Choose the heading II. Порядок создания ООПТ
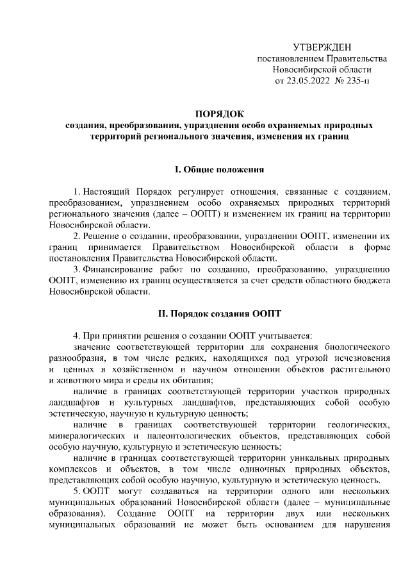[x=220, y=314]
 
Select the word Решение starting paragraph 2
[x=101, y=236]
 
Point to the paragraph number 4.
[x=76, y=335]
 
